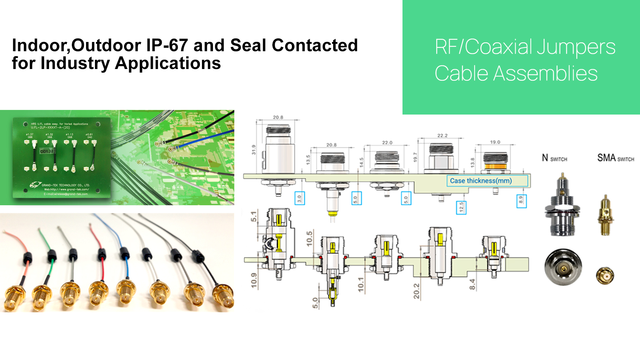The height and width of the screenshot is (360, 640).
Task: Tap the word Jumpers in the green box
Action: tap(576, 47)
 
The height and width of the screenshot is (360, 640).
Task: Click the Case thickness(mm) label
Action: tap(481, 181)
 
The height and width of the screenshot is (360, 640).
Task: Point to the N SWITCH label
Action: tap(554, 158)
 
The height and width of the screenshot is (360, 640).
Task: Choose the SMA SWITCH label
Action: tap(615, 158)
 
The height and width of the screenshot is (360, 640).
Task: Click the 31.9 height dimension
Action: tap(254, 149)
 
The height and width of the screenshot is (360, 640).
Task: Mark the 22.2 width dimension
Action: tap(442, 136)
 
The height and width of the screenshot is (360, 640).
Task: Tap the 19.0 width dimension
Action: tap(495, 142)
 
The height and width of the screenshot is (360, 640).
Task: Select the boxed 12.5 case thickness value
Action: tap(461, 207)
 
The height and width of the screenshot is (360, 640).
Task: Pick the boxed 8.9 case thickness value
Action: tap(521, 201)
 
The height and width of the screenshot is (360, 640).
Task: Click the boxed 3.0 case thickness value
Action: tap(299, 198)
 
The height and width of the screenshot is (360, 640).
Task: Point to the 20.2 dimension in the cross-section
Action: tap(416, 291)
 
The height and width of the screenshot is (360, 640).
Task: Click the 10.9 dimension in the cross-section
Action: tap(254, 280)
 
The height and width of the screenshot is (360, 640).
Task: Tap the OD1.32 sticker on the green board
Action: tap(47, 151)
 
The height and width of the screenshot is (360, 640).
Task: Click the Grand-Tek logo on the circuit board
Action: tap(36, 185)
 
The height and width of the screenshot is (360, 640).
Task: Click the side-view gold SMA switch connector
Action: tap(605, 215)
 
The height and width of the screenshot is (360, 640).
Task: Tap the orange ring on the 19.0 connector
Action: tap(495, 166)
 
